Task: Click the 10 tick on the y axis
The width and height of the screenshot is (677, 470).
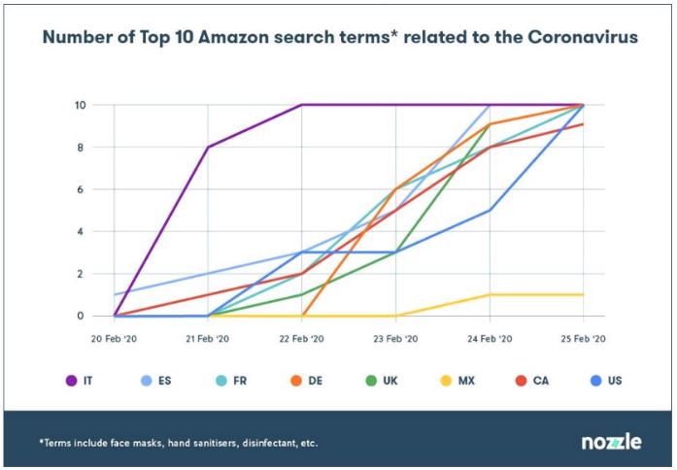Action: coord(80,105)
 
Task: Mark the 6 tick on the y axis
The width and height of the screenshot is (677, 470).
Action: coord(83,189)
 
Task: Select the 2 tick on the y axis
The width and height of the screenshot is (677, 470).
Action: coord(83,274)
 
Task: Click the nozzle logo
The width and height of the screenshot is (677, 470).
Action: coord(611,442)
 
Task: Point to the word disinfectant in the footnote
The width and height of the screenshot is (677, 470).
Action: coord(263,443)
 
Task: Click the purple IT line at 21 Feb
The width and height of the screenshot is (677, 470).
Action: coord(208,148)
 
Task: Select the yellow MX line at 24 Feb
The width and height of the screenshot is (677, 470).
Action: coord(490,295)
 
